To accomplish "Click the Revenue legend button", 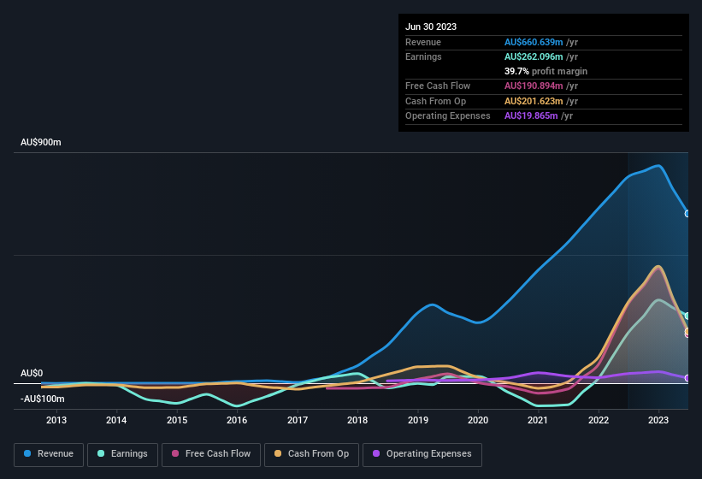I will coord(49,454).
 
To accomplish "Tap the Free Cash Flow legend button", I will coord(211,454).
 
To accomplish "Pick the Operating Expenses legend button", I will coord(422,454).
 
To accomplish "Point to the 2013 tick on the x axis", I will coord(56,420).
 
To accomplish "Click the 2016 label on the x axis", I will coord(237,420).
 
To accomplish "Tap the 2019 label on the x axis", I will coord(418,420).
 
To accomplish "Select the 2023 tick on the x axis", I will coord(658,420).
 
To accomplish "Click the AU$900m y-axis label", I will coord(41,142).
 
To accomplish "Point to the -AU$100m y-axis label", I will coord(43,399).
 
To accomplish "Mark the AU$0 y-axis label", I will coord(32,374).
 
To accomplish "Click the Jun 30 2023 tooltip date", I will coord(431,27).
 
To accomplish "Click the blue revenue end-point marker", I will coord(687,214).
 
